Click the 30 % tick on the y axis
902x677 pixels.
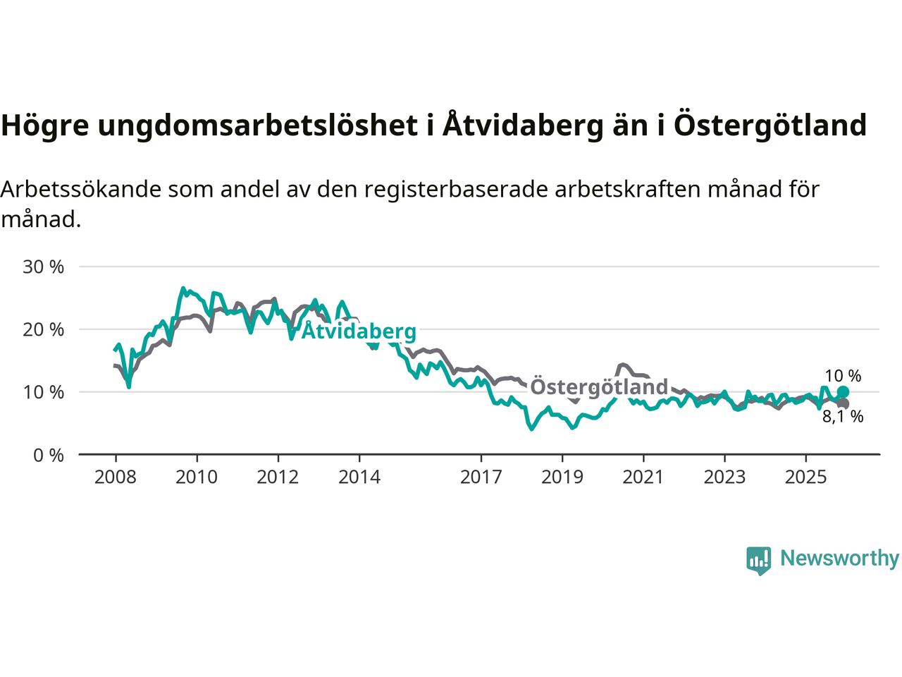click(x=44, y=267)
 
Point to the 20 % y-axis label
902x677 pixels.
click(x=44, y=329)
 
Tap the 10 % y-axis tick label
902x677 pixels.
click(x=44, y=392)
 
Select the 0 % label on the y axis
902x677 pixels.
click(x=49, y=456)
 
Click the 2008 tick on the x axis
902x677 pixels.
click(x=116, y=477)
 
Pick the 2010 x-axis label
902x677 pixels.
click(x=197, y=477)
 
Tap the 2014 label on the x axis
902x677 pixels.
click(x=359, y=477)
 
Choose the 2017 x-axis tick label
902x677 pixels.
click(x=481, y=477)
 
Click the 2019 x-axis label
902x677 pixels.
click(x=562, y=477)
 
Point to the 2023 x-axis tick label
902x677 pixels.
click(x=724, y=477)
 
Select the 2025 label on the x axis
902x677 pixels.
click(x=806, y=477)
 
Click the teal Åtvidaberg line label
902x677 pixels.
click(x=359, y=331)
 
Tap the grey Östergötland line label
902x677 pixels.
click(x=599, y=387)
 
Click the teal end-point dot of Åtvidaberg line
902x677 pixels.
click(x=843, y=392)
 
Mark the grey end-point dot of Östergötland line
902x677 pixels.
click(x=844, y=404)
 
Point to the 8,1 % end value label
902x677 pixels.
click(x=843, y=417)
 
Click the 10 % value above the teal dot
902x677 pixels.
click(x=843, y=377)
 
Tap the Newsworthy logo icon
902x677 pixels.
click(x=758, y=560)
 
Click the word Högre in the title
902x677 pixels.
click(x=45, y=126)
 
